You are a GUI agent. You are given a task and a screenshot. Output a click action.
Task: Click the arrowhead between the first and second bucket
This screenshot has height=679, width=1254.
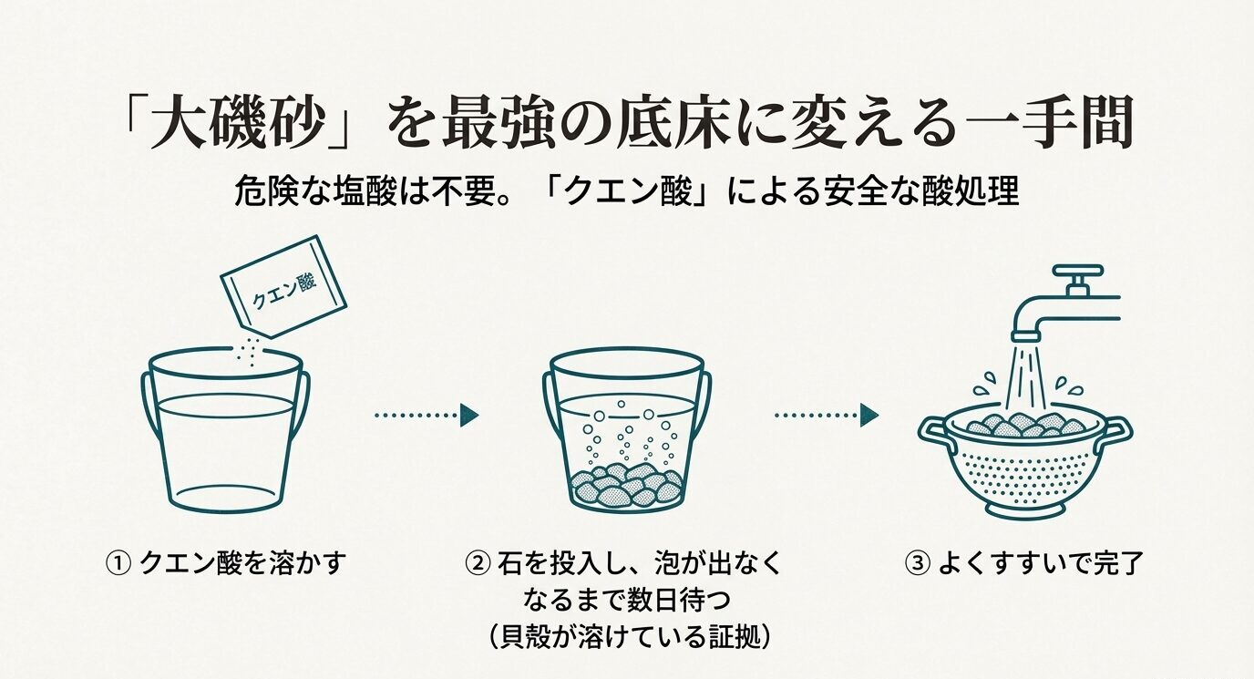469,416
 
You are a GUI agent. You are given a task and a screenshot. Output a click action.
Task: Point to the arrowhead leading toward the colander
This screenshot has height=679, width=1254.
869,416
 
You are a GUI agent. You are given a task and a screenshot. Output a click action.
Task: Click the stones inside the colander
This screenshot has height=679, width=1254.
1024,425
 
